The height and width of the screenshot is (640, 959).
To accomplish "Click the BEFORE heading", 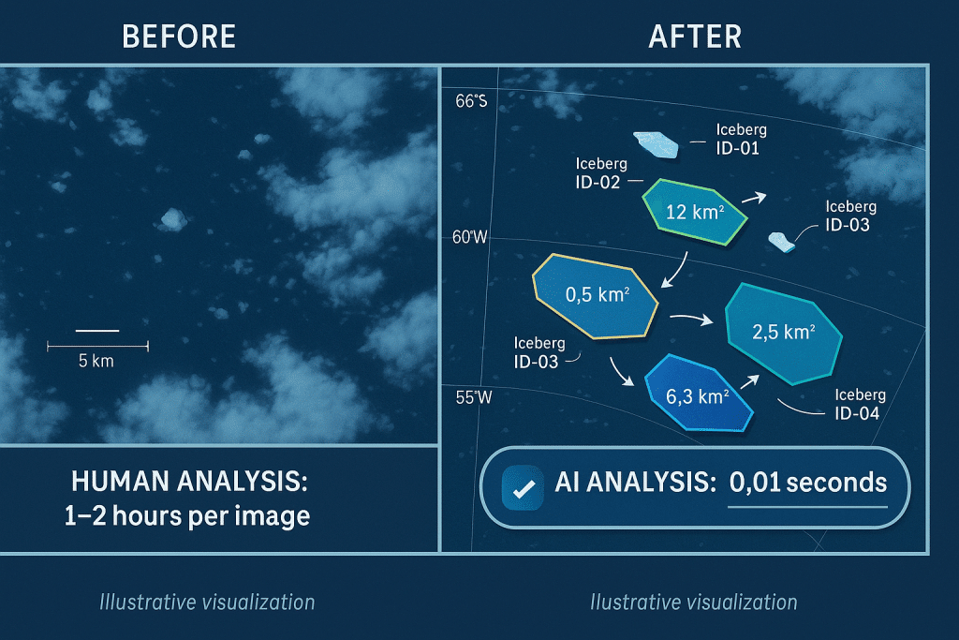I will [x=179, y=36].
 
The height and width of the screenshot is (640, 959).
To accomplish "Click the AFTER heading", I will [x=694, y=36].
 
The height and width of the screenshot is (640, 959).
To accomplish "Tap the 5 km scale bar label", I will [x=96, y=361].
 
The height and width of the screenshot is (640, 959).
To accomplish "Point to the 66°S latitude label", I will [x=471, y=101].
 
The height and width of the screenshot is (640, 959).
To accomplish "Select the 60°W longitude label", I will [x=470, y=237].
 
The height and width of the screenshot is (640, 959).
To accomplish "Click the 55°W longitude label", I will [x=474, y=396].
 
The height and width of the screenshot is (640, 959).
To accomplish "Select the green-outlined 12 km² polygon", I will [x=694, y=213].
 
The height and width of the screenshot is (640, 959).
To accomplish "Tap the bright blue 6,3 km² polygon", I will [x=699, y=394].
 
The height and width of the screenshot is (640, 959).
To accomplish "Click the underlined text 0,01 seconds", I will [x=807, y=483].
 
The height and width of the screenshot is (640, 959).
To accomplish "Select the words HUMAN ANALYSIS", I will [x=190, y=483].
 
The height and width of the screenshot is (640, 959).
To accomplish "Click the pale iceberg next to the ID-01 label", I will [x=656, y=143].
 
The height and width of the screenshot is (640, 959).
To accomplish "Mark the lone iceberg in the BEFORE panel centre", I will [x=171, y=219].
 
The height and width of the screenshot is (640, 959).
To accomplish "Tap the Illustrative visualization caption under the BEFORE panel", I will [x=207, y=602].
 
